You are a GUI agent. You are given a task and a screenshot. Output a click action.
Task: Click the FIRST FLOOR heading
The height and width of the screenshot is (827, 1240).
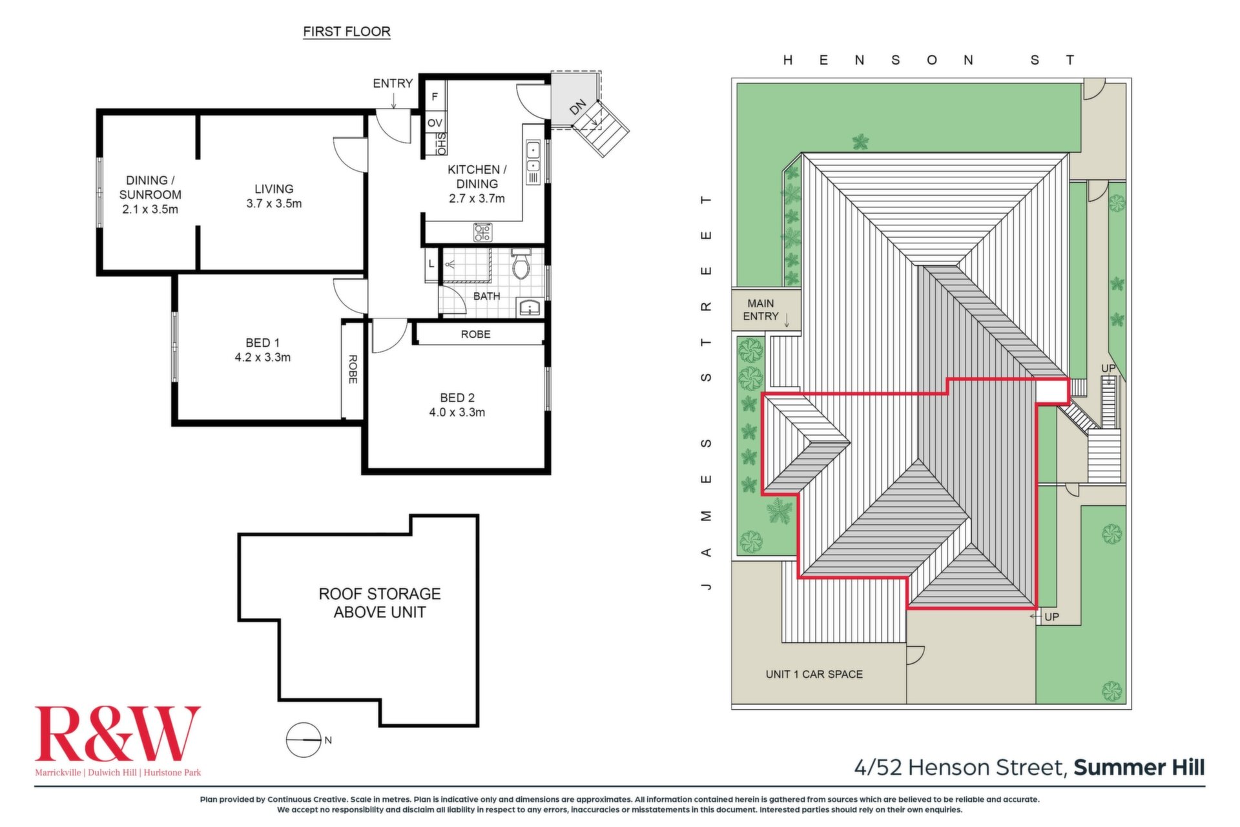click(x=347, y=32)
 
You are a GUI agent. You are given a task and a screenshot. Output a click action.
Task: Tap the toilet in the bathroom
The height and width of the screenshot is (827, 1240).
click(x=521, y=263)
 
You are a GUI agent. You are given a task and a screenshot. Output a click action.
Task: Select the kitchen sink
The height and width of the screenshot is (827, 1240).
click(x=533, y=162)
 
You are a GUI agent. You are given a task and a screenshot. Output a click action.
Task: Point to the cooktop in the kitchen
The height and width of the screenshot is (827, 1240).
click(x=482, y=232)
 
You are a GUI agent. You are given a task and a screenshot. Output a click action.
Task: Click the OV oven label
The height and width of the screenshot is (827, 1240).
click(x=435, y=123)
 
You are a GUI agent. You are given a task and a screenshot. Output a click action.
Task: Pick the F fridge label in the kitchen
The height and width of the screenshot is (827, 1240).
click(x=435, y=97)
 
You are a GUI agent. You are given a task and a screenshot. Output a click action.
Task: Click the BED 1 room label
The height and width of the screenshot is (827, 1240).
click(x=262, y=343)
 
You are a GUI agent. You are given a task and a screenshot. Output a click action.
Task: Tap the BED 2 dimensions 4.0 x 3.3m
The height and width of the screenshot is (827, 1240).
click(x=457, y=413)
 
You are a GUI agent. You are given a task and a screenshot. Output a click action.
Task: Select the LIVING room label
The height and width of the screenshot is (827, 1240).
click(x=274, y=189)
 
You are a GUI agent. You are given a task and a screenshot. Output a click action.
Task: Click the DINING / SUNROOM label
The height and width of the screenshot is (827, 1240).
click(x=150, y=187)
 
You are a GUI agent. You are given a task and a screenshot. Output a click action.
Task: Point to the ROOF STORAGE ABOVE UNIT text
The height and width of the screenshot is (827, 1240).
click(x=380, y=603)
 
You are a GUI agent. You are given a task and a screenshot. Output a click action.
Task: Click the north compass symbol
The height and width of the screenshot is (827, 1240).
click(x=304, y=740)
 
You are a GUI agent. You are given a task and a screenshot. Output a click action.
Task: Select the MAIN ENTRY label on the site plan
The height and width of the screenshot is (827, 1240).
click(x=761, y=310)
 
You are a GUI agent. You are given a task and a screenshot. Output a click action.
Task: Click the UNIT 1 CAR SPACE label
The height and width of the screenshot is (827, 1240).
click(x=814, y=674)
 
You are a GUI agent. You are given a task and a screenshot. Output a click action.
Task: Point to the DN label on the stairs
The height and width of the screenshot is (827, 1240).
click(x=578, y=107)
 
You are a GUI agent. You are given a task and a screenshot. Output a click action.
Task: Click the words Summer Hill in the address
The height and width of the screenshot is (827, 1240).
click(x=1139, y=768)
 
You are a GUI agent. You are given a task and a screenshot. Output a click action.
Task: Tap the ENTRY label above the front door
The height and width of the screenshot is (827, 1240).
click(x=393, y=83)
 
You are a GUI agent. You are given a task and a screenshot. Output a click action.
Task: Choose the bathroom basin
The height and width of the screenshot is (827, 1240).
click(x=530, y=308)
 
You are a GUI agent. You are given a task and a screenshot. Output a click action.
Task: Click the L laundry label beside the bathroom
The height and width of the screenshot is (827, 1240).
click(x=431, y=263)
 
